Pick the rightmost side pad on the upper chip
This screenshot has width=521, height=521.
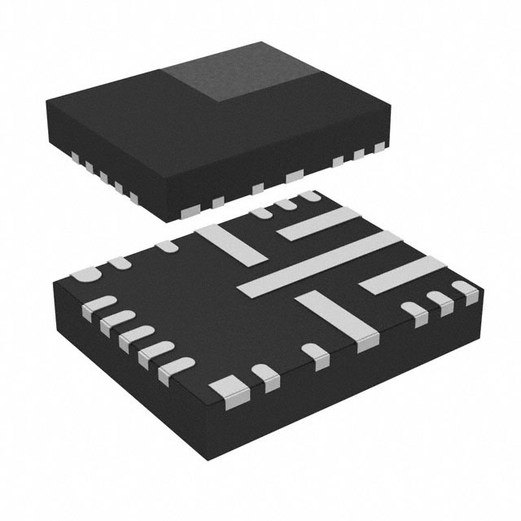[x=379, y=147]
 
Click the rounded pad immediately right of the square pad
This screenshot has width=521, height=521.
[x=264, y=375]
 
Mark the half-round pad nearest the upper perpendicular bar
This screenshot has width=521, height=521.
[x=168, y=245]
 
